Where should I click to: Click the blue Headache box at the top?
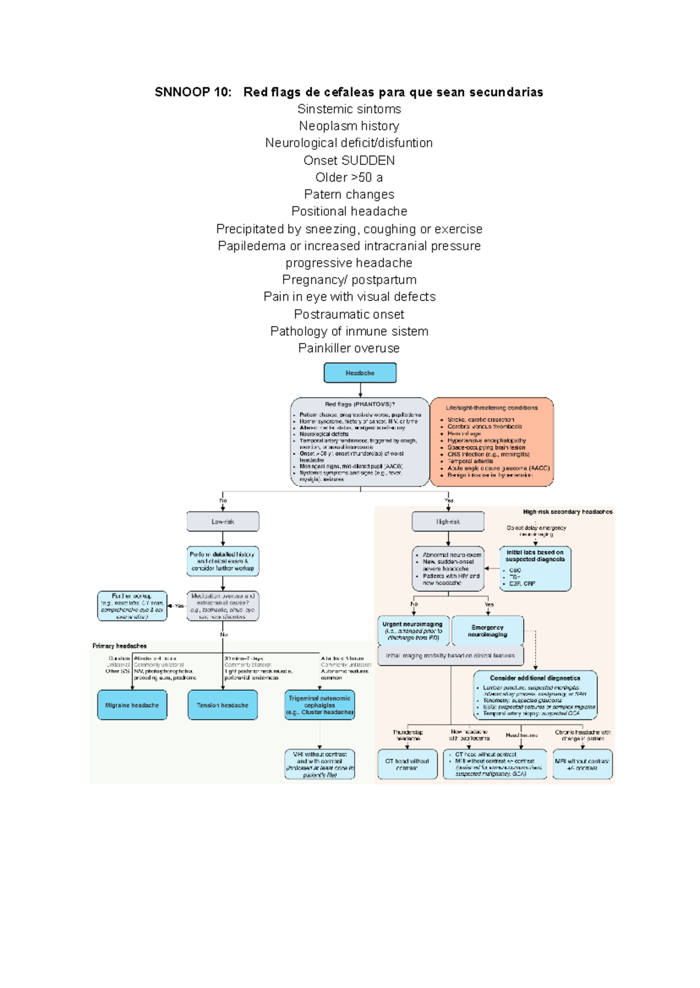pyautogui.click(x=360, y=373)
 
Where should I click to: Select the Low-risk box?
pyautogui.click(x=223, y=521)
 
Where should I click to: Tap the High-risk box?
pyautogui.click(x=448, y=521)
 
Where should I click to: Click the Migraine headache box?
pyautogui.click(x=132, y=705)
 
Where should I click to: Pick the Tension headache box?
pyautogui.click(x=222, y=705)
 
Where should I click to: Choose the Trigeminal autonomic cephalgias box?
pyautogui.click(x=320, y=705)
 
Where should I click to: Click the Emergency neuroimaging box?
pyautogui.click(x=488, y=631)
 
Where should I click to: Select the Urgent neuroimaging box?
pyautogui.click(x=413, y=631)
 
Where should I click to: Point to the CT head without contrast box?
pyautogui.click(x=407, y=764)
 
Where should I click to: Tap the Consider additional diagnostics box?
pyautogui.click(x=535, y=695)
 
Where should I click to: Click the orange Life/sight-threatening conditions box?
pyautogui.click(x=492, y=442)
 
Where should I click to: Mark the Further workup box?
pyautogui.click(x=132, y=606)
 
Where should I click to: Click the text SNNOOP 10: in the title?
pyautogui.click(x=193, y=92)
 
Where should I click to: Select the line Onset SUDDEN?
pyautogui.click(x=349, y=160)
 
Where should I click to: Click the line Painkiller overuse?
pyautogui.click(x=349, y=348)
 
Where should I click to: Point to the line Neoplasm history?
pyautogui.click(x=349, y=126)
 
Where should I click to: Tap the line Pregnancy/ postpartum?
pyautogui.click(x=349, y=280)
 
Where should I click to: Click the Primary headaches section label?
pyautogui.click(x=120, y=646)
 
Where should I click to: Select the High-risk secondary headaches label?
pyautogui.click(x=568, y=511)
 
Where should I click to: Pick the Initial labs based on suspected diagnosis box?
pyautogui.click(x=535, y=569)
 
